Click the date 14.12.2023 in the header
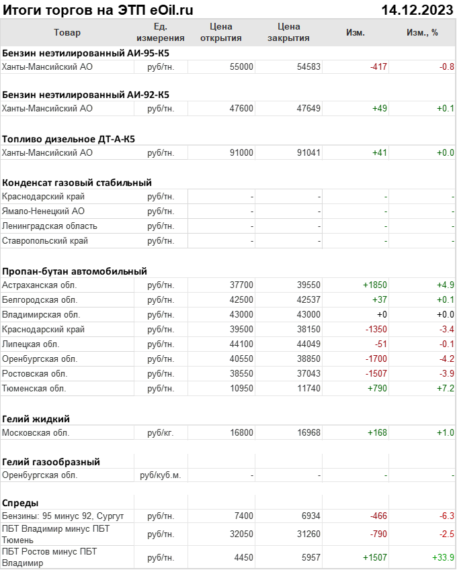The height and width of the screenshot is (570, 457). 417,9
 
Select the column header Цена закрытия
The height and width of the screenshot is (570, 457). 288,32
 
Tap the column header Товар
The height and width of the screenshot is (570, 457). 67,32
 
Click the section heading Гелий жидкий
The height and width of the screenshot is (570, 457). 36,418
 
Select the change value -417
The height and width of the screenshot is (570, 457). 378,66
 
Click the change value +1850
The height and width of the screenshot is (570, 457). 374,285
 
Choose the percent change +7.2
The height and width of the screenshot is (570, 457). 445,388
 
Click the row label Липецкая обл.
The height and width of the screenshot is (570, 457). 34,344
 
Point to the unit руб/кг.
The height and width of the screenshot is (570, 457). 161,432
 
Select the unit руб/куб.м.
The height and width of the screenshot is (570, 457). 161,475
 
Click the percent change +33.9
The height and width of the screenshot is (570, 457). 443,557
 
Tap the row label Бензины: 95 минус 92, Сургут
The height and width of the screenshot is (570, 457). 63,516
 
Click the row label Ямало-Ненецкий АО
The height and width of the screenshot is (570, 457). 44,211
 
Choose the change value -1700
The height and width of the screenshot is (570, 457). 376,359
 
